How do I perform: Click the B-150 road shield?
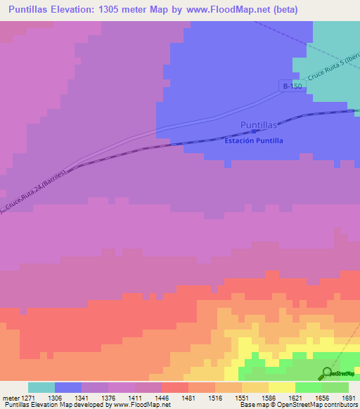pyautogui.click(x=292, y=86)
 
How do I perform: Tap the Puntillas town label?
pyautogui.click(x=259, y=125)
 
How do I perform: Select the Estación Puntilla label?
pyautogui.click(x=254, y=141)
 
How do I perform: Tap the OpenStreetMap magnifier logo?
pyautogui.click(x=326, y=373)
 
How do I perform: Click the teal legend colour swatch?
pyautogui.click(x=41, y=387)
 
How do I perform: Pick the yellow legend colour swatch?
pyautogui.click(x=282, y=387)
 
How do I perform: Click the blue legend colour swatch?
pyautogui.click(x=68, y=387)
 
